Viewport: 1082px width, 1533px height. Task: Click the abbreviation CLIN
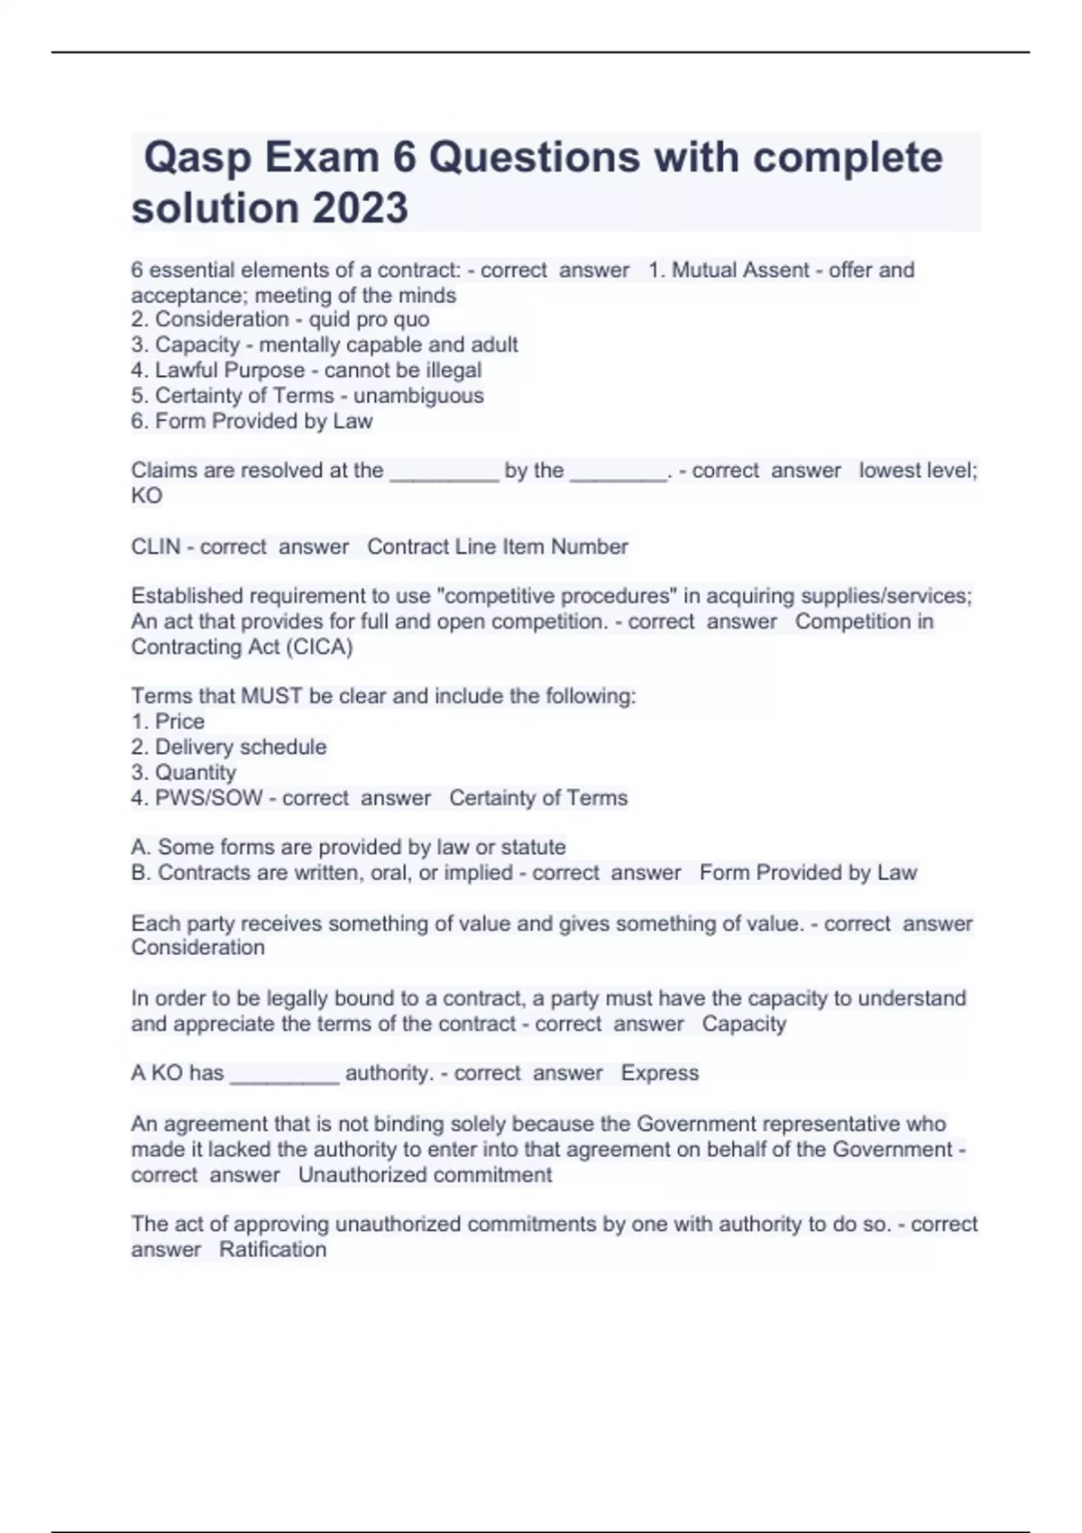(155, 546)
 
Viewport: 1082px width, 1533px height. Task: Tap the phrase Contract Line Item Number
(498, 546)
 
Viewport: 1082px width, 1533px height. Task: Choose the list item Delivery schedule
(241, 747)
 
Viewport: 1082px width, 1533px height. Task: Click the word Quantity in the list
(196, 772)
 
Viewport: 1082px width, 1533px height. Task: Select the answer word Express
(659, 1073)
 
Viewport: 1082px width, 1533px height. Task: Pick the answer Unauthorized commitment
(425, 1175)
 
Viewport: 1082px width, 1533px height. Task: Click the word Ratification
(272, 1250)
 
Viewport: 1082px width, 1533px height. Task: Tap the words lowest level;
(918, 471)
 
